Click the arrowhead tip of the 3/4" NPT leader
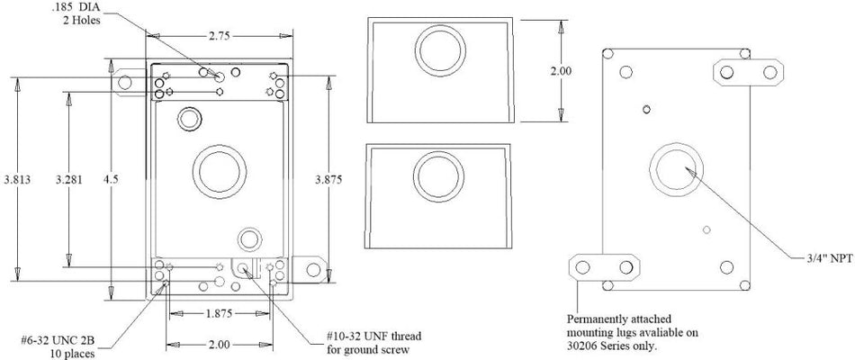[x=685, y=168]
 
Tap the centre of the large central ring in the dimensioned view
[x=220, y=172]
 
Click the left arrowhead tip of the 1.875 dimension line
[x=170, y=313]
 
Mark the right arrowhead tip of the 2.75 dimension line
[x=292, y=36]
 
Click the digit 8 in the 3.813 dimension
[x=17, y=180]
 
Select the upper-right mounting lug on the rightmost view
[x=748, y=73]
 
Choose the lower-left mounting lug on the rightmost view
[x=604, y=267]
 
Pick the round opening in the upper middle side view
[x=440, y=50]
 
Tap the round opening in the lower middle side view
[x=439, y=176]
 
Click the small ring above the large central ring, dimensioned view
[x=189, y=119]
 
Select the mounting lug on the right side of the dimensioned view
[x=310, y=269]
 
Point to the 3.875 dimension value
[x=328, y=179]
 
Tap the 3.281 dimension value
[x=69, y=179]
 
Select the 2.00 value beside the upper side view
[x=561, y=71]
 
